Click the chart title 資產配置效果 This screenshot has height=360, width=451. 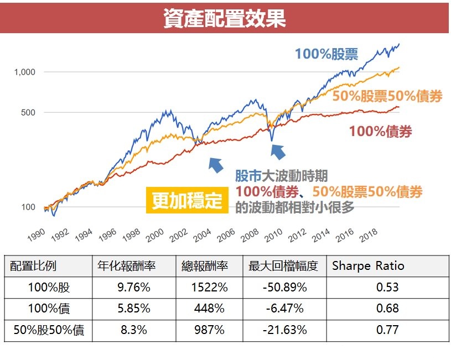click(225, 18)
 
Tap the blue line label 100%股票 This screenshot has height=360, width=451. click(326, 54)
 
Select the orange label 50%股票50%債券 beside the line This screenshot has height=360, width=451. click(387, 96)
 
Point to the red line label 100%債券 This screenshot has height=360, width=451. click(380, 131)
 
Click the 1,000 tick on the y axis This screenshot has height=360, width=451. click(25, 72)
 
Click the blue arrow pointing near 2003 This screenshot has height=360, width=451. click(215, 163)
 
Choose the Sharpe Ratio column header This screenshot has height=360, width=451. click(368, 265)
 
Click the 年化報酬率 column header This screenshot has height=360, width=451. click(126, 266)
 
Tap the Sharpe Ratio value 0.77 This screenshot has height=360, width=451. click(387, 330)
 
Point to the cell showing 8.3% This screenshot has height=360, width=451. click(134, 330)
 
